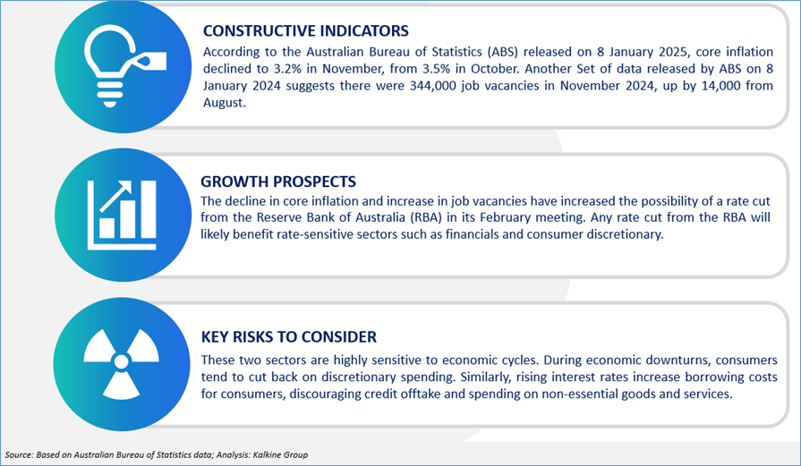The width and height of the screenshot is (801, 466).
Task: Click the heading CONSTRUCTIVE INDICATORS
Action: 306,30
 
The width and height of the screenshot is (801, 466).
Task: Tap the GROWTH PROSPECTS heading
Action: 278,182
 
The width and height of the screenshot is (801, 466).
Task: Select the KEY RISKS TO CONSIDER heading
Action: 288,337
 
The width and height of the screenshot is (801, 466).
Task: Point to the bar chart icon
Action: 122,215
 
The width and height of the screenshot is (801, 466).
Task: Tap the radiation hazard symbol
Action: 121,362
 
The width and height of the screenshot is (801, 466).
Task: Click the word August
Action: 225,103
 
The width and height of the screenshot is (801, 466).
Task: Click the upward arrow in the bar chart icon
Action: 115,196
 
